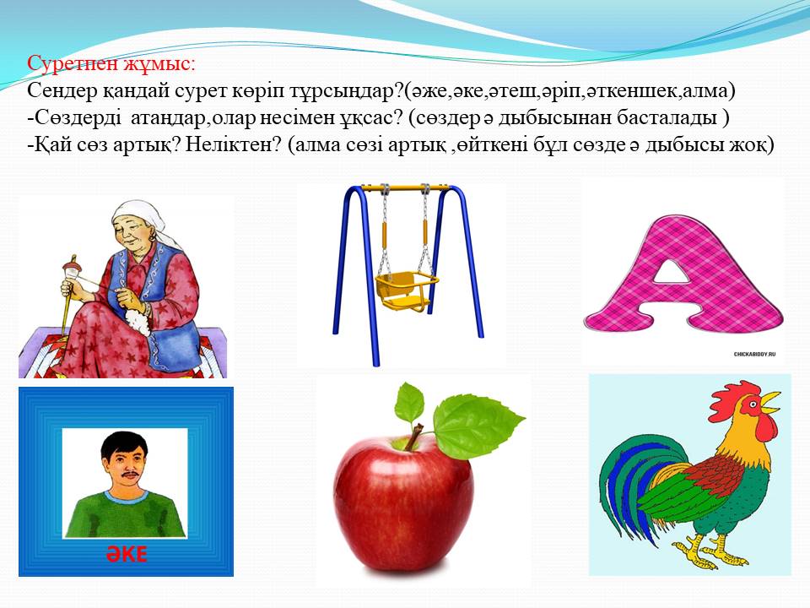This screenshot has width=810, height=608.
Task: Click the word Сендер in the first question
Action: [x=62, y=91]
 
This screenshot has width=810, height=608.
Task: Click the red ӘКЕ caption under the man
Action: [x=127, y=554]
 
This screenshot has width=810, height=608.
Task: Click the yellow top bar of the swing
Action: [x=403, y=187]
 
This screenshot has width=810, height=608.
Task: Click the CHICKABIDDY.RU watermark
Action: [x=754, y=354]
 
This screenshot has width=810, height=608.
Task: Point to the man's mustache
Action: [x=127, y=475]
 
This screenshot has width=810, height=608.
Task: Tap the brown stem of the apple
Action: [x=413, y=437]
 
